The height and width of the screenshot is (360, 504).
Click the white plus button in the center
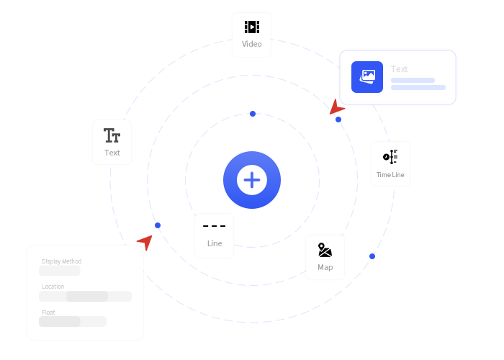click(x=252, y=180)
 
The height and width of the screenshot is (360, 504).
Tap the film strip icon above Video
click(x=251, y=27)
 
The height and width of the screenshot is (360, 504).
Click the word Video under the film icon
click(x=251, y=45)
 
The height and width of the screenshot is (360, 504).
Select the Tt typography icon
click(x=112, y=135)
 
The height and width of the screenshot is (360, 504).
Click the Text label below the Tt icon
click(x=112, y=153)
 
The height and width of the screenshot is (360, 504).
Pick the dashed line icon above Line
click(x=214, y=227)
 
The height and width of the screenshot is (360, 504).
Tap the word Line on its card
click(x=214, y=243)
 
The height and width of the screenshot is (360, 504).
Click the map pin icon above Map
click(x=325, y=250)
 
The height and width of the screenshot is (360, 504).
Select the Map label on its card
click(x=325, y=267)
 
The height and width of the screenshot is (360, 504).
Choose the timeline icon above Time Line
click(x=390, y=156)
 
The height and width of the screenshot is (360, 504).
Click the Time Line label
click(x=390, y=175)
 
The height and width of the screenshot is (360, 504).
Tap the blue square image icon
click(x=367, y=77)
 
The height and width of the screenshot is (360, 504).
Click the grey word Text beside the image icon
click(x=399, y=69)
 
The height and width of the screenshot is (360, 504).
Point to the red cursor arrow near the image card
click(x=336, y=108)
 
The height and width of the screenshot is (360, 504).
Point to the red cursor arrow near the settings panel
click(x=146, y=242)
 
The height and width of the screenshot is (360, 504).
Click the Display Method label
click(x=62, y=261)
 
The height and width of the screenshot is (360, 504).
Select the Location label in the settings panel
click(x=53, y=287)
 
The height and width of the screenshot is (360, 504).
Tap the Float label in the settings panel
click(x=48, y=312)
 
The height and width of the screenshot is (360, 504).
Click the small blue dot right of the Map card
click(x=372, y=256)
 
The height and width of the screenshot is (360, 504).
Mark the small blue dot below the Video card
click(x=253, y=114)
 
